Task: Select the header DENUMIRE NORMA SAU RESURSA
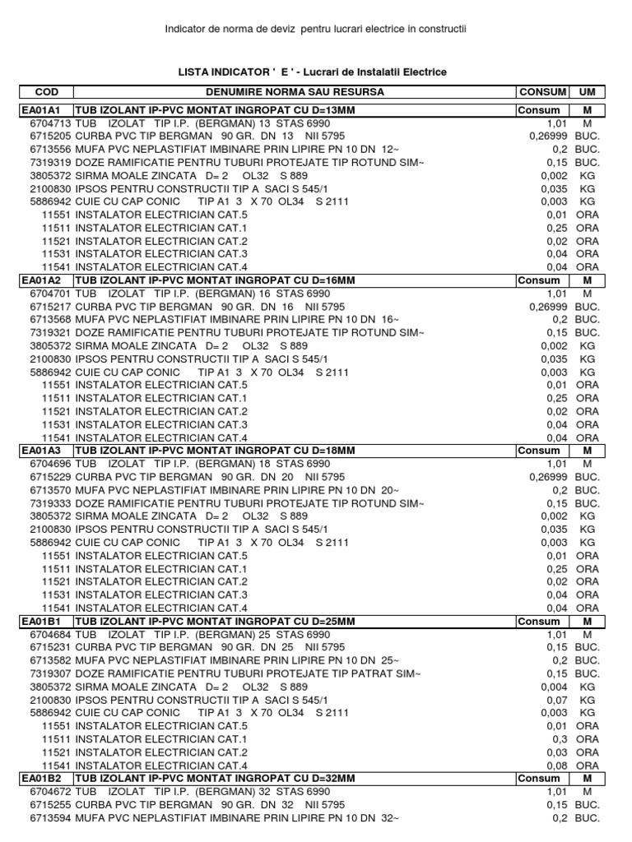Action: click(294, 92)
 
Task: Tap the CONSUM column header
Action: click(542, 92)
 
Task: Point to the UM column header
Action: click(588, 92)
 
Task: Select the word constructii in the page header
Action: click(440, 30)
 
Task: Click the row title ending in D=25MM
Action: click(216, 622)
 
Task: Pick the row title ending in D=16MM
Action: click(216, 280)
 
